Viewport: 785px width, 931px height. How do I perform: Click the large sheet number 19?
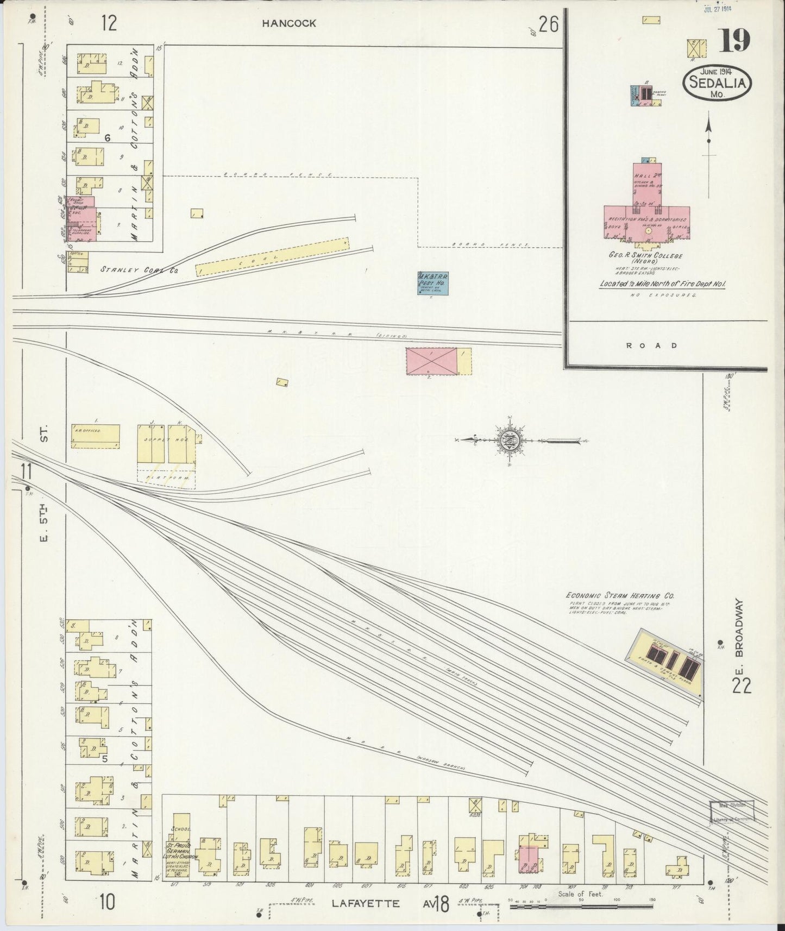(735, 41)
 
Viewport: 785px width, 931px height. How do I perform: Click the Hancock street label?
(288, 23)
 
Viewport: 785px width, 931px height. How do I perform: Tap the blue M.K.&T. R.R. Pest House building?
(433, 283)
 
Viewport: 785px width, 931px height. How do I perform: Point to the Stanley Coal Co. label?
(140, 269)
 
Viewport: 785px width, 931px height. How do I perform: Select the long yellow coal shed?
(273, 256)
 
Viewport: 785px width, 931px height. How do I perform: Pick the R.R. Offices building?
(95, 436)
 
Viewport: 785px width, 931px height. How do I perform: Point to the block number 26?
(549, 24)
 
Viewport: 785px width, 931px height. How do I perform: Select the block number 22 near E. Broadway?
(741, 686)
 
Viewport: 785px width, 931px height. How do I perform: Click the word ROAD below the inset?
(651, 345)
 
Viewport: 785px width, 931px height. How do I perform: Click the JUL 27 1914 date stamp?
(718, 9)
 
